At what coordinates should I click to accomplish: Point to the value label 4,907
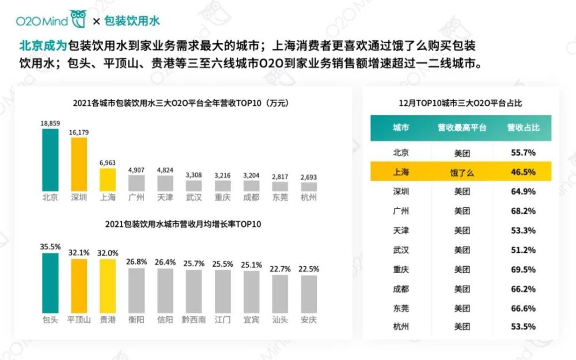pyautogui.click(x=136, y=170)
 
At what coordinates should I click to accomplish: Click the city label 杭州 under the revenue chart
pyautogui.click(x=309, y=198)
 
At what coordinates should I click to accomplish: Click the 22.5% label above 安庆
pyautogui.click(x=309, y=269)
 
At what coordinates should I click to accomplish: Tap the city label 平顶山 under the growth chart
pyautogui.click(x=79, y=320)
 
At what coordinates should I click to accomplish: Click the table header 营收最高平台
pyautogui.click(x=462, y=127)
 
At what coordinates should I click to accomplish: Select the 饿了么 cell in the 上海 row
pyautogui.click(x=462, y=172)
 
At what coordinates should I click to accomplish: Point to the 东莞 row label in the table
pyautogui.click(x=401, y=308)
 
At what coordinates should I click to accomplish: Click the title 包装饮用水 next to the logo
pyautogui.click(x=132, y=22)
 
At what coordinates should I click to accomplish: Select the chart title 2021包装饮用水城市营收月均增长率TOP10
pyautogui.click(x=183, y=224)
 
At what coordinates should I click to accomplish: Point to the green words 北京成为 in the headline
pyautogui.click(x=43, y=46)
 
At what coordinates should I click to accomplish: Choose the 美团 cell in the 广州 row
pyautogui.click(x=462, y=211)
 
